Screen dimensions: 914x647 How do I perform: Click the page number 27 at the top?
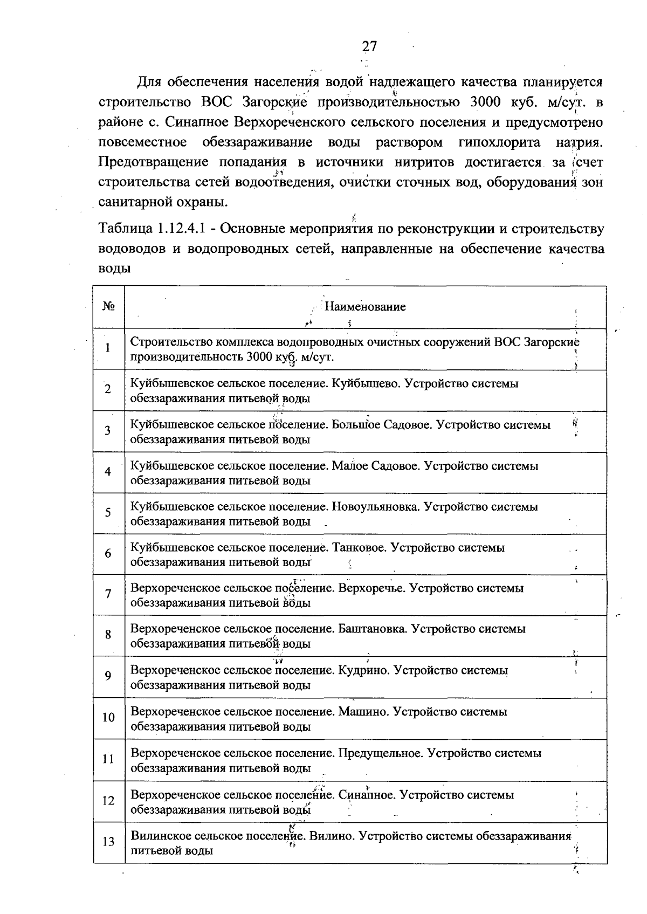pyautogui.click(x=369, y=47)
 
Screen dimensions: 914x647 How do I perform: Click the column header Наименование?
pyautogui.click(x=365, y=307)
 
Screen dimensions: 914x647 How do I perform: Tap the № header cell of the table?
pyautogui.click(x=109, y=307)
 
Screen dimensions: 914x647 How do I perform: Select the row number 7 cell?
pyautogui.click(x=108, y=594)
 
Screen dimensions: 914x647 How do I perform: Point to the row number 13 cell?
pyautogui.click(x=108, y=842)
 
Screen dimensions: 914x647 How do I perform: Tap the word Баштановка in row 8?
pyautogui.click(x=371, y=629)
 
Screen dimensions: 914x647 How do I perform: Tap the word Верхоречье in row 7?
pyautogui.click(x=371, y=588)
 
